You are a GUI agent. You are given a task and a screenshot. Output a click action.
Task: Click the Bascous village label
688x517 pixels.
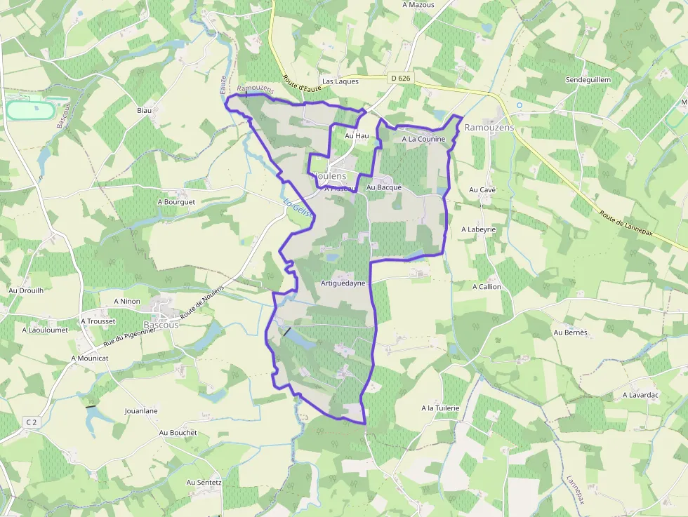[161, 325]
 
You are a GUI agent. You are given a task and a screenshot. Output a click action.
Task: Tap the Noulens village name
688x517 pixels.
[329, 177]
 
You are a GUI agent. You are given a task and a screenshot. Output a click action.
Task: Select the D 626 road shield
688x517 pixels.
[399, 79]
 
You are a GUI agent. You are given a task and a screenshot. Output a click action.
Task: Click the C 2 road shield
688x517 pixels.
[30, 422]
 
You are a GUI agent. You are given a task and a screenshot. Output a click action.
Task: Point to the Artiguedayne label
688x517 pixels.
[343, 283]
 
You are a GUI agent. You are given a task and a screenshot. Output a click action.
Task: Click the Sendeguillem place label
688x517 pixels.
[588, 80]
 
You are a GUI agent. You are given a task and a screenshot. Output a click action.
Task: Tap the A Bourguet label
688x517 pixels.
[176, 202]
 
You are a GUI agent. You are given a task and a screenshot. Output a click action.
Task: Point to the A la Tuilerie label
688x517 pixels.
[440, 408]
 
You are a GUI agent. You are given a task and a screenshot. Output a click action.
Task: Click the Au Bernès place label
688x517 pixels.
[570, 333]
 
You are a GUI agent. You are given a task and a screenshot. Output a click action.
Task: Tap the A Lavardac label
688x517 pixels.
[640, 395]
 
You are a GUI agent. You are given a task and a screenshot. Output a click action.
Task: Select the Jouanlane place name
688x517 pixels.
[141, 410]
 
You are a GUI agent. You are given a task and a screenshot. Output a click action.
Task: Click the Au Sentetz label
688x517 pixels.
[204, 483]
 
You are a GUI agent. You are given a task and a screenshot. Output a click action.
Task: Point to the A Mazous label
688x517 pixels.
[418, 5]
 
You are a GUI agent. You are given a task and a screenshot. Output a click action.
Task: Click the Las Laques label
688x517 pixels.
[340, 81]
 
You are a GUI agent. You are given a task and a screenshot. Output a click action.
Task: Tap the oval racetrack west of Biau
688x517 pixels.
[31, 110]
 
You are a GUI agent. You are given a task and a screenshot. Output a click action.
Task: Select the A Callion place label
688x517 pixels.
[487, 287]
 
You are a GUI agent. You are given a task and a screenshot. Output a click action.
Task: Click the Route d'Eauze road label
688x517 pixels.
[300, 88]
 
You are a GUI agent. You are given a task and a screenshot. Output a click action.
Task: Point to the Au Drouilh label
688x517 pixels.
[26, 290]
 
